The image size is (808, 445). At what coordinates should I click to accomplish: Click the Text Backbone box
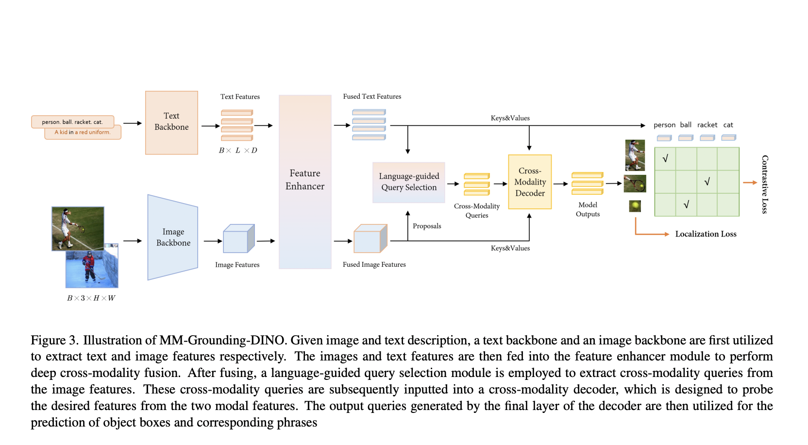[171, 122]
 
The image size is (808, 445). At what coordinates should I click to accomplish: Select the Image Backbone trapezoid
[173, 237]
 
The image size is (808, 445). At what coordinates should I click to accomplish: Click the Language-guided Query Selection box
[409, 182]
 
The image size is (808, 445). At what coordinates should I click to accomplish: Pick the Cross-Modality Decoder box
[530, 182]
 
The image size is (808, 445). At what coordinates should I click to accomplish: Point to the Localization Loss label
[706, 234]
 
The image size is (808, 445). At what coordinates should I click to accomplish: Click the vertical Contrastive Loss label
[765, 185]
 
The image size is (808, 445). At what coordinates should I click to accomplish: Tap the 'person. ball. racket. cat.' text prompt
[72, 122]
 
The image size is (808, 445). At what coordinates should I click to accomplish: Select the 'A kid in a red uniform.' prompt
[83, 132]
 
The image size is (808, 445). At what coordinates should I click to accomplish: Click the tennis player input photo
[78, 228]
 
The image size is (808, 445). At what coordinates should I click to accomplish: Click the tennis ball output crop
[635, 206]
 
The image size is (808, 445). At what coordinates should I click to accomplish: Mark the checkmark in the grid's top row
[665, 158]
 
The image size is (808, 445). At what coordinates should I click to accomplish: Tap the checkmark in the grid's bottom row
[686, 205]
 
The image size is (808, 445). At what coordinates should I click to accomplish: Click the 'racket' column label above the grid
[707, 125]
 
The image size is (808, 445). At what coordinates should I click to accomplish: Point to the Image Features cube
[238, 239]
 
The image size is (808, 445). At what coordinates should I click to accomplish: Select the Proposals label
[427, 226]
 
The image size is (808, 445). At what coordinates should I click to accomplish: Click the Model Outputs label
[588, 209]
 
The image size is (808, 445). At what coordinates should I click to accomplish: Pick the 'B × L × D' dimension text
[238, 151]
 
